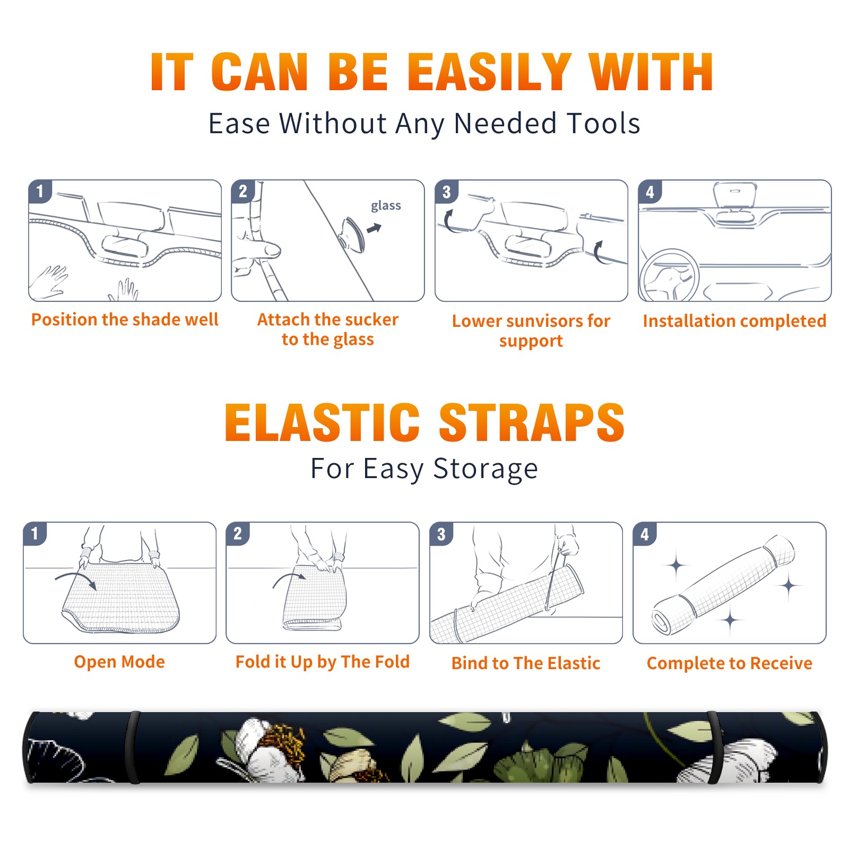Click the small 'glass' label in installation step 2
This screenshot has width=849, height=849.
click(x=386, y=205)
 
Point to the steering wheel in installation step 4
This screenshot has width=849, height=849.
click(x=670, y=275)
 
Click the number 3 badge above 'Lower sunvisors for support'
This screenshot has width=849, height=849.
click(x=446, y=192)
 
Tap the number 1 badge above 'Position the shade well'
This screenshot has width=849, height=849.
click(x=40, y=192)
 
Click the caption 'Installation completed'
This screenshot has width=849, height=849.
click(x=734, y=321)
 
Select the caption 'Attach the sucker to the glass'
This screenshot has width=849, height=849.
click(x=328, y=329)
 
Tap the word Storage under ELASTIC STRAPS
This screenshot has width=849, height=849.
click(x=486, y=469)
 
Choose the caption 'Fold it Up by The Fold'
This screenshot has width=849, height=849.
click(x=323, y=662)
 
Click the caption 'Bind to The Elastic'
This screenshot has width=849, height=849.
click(x=526, y=663)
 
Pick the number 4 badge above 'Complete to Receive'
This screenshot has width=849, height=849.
click(x=645, y=534)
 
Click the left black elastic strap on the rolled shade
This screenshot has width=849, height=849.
click(x=132, y=747)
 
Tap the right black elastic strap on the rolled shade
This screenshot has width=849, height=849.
click(x=716, y=747)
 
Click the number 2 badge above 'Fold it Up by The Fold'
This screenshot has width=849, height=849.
click(x=238, y=534)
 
